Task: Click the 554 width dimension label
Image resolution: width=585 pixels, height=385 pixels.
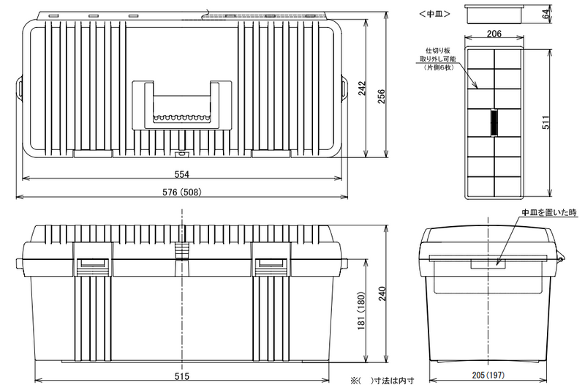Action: [181, 174]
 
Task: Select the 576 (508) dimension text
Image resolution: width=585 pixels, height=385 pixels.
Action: [182, 192]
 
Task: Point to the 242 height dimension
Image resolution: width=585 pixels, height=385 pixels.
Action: [362, 88]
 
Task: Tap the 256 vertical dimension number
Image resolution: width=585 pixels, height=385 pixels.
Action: [381, 96]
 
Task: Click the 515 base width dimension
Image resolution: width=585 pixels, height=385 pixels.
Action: [181, 376]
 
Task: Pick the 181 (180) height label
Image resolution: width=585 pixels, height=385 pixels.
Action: [361, 310]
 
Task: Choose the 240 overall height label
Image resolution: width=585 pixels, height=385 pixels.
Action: [382, 294]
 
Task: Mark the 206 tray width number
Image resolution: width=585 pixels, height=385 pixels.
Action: [494, 34]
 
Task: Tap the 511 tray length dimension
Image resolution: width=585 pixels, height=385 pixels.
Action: [546, 122]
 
